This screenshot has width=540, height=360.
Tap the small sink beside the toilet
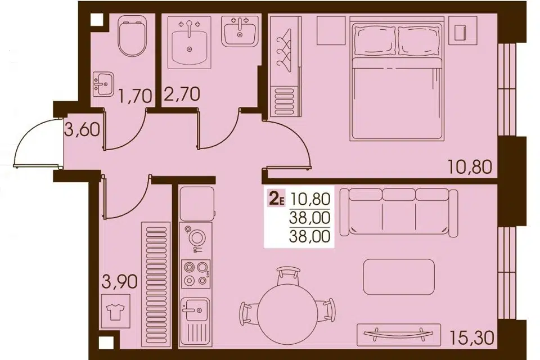[x=102, y=84]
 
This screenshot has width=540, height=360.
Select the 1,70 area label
[x=136, y=96]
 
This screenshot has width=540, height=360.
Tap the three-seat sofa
[x=400, y=211]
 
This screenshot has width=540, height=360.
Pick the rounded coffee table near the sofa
[x=399, y=276]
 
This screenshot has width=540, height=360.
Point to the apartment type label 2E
[x=277, y=198]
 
